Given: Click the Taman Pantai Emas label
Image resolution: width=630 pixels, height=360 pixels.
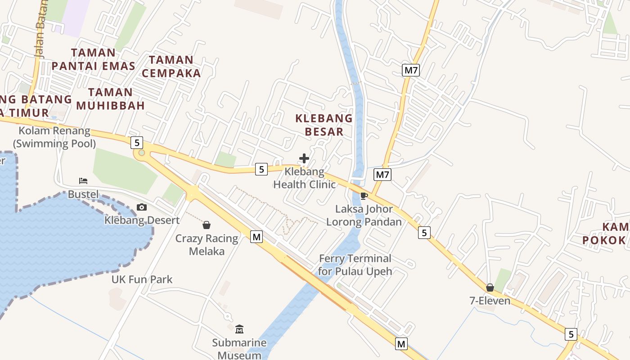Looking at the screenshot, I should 93,59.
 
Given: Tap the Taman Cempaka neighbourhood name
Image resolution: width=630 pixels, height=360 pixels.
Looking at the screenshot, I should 171,66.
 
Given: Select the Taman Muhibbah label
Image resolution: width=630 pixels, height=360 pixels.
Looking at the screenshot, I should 110,99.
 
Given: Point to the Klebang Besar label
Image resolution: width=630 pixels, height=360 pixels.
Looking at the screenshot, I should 324,125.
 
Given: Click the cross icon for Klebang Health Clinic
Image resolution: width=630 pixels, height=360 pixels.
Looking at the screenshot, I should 304,158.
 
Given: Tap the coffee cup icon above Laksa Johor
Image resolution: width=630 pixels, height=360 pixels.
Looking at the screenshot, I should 364,196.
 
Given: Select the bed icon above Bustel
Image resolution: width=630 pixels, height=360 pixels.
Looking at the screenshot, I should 83,181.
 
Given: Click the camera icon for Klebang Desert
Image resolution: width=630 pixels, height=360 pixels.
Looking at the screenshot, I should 142,207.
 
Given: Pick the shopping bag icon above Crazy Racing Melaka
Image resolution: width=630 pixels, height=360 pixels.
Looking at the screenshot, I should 207,225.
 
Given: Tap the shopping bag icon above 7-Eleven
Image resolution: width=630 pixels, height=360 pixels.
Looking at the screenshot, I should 490,287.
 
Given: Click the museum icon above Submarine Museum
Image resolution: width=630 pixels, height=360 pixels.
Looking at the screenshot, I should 239,329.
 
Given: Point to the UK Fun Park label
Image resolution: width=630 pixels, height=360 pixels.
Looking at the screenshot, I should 142,279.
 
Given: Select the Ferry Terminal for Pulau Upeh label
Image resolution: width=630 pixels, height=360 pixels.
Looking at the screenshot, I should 355,265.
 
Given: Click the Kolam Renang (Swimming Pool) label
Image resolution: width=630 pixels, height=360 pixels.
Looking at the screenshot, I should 54,137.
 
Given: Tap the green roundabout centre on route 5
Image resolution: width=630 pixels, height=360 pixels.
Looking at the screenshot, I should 142,153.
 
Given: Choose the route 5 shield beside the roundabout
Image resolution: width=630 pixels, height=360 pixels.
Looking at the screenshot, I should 137,143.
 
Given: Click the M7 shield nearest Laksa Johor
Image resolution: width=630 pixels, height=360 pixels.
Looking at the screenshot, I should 382,175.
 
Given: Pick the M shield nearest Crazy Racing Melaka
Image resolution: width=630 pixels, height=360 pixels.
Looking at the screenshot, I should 256,237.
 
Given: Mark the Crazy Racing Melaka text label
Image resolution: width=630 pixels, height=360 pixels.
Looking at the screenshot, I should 207,244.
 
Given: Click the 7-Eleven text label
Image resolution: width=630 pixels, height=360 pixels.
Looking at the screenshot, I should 490,301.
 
